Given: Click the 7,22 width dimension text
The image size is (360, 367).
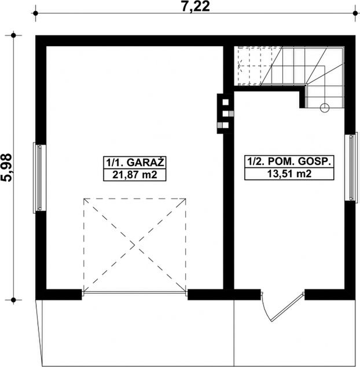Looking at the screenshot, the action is pyautogui.click(x=196, y=7).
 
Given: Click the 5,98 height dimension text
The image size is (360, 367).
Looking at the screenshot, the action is pyautogui.click(x=7, y=168).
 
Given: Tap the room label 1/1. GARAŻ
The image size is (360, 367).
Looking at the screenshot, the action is pyautogui.click(x=135, y=163).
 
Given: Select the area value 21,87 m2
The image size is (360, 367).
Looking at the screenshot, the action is pyautogui.click(x=135, y=175).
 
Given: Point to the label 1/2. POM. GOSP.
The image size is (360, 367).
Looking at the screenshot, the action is pyautogui.click(x=289, y=162).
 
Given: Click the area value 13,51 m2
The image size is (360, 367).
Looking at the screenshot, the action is pyautogui.click(x=289, y=174).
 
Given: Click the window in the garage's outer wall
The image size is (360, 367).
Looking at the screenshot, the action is pyautogui.click(x=39, y=178).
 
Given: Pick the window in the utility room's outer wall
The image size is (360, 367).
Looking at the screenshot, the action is pyautogui.click(x=351, y=168).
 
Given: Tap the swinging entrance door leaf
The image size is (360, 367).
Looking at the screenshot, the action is pyautogui.click(x=288, y=307).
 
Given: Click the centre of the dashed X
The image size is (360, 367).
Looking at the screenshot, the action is pyautogui.click(x=135, y=245).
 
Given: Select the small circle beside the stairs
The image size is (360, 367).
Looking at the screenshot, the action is pyautogui.click(x=325, y=108).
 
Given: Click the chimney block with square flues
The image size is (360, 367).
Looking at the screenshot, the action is pyautogui.click(x=225, y=114).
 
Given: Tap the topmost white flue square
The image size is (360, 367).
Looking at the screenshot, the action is pyautogui.click(x=225, y=102).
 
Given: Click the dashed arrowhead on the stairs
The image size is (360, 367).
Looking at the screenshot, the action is pyautogui.click(x=240, y=66).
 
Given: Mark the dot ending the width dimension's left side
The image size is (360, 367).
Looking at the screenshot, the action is pyautogui.click(x=35, y=13).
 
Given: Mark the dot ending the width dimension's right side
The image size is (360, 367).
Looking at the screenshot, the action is pyautogui.click(x=355, y=13).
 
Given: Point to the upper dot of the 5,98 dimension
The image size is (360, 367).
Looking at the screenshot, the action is pyautogui.click(x=13, y=35).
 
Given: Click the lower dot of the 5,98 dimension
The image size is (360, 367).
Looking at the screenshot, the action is pyautogui.click(x=13, y=300).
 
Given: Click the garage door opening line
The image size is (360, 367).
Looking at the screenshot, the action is pyautogui.click(x=135, y=292).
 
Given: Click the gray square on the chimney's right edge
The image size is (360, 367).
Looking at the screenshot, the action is pyautogui.click(x=232, y=114).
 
